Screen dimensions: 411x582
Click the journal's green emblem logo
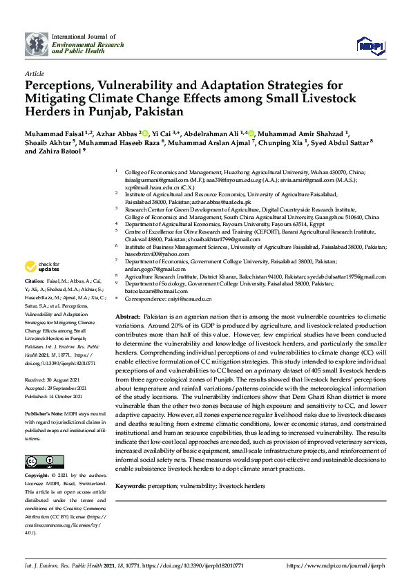pos(37,44)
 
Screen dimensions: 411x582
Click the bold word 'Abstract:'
pos(129,315)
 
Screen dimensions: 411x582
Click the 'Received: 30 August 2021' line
pos(53,381)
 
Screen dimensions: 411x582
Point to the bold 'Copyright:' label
pos(37,476)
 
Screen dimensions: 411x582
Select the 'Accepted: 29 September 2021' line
pos(56,388)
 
